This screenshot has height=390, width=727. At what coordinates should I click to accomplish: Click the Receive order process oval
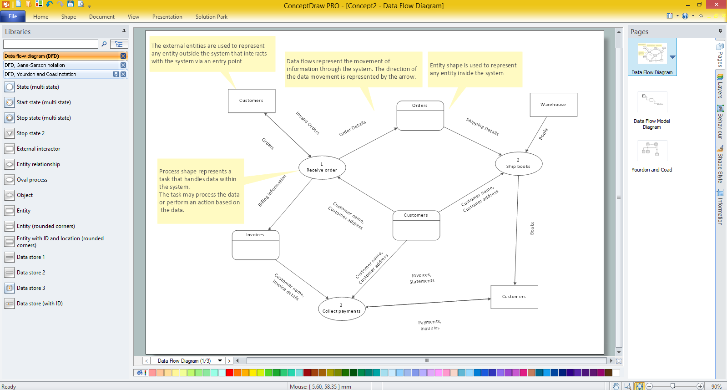coord(322,167)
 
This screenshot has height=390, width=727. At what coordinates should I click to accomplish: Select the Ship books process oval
coord(518,163)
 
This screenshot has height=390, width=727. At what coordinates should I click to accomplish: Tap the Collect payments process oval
coord(341,309)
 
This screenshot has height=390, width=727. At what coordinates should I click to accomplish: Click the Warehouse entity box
coord(553,105)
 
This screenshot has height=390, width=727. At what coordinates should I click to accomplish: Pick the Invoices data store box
coord(255,245)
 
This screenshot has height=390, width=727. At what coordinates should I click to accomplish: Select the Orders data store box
coord(420,115)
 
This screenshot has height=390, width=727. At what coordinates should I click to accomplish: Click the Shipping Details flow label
coord(482,127)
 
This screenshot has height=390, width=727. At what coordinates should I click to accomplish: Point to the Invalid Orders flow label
coord(308,123)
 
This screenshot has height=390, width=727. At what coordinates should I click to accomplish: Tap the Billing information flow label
coord(272,191)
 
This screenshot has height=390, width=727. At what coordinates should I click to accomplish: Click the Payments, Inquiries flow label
coord(430,325)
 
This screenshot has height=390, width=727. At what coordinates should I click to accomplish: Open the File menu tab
coord(13,16)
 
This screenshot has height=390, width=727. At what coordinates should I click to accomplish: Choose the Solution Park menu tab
coord(211,16)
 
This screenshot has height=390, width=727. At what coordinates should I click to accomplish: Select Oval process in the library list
coord(32,180)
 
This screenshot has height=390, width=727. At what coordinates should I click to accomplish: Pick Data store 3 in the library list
coord(31,288)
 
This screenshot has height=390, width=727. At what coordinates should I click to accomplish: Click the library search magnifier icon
coord(104,44)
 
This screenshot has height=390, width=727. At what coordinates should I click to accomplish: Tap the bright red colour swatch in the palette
coord(229,372)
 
